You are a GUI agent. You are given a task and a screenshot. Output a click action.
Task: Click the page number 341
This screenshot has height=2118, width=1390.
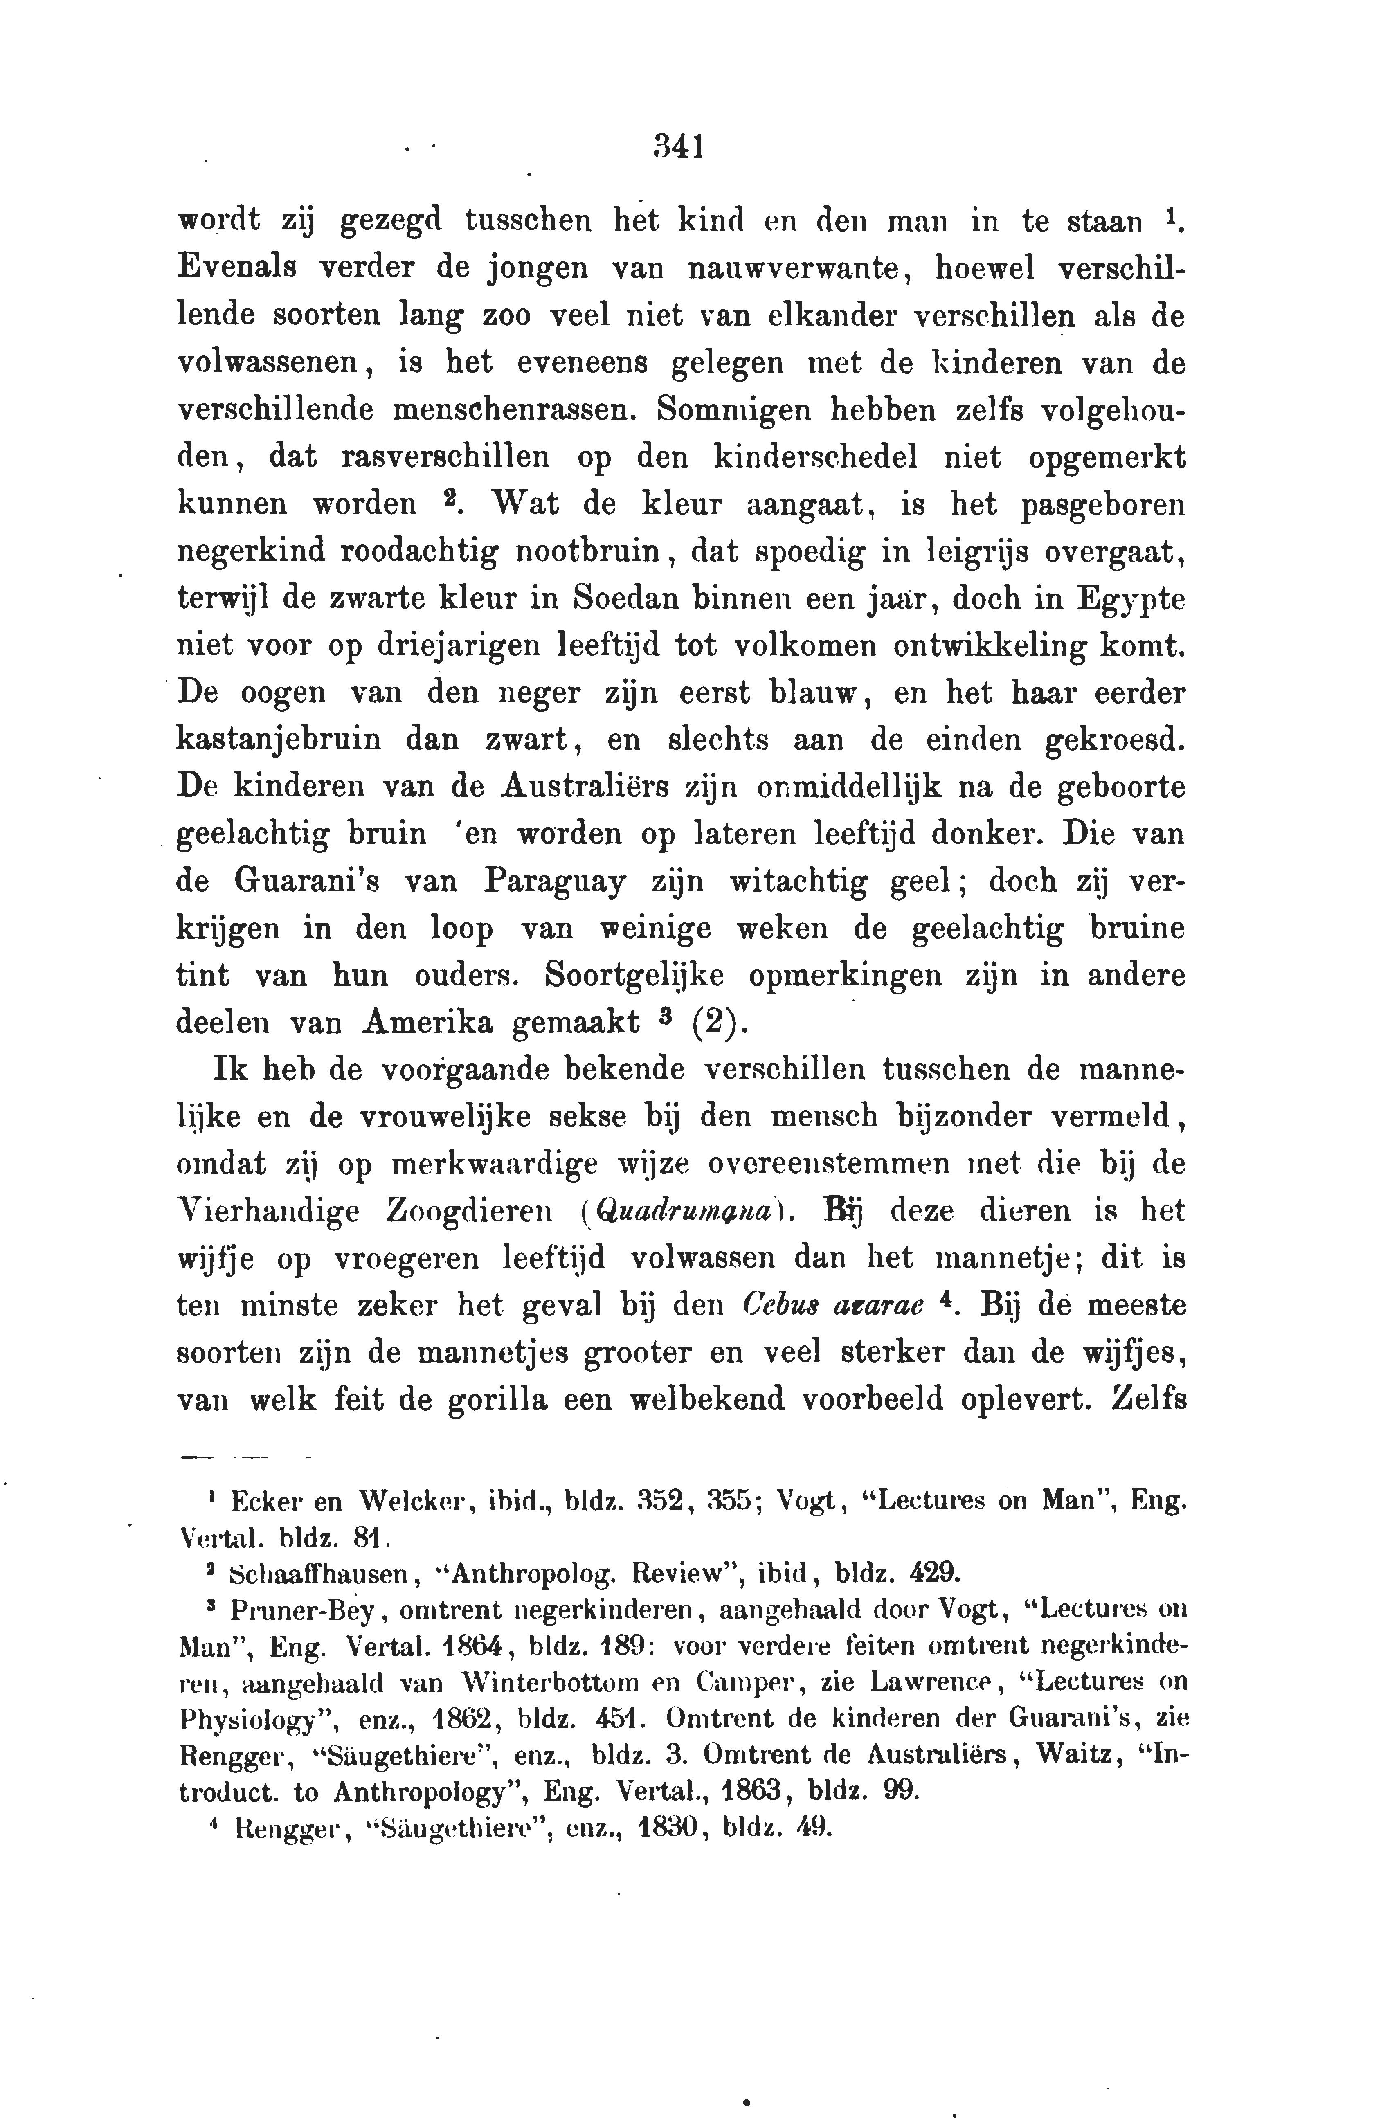pos(678,146)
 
